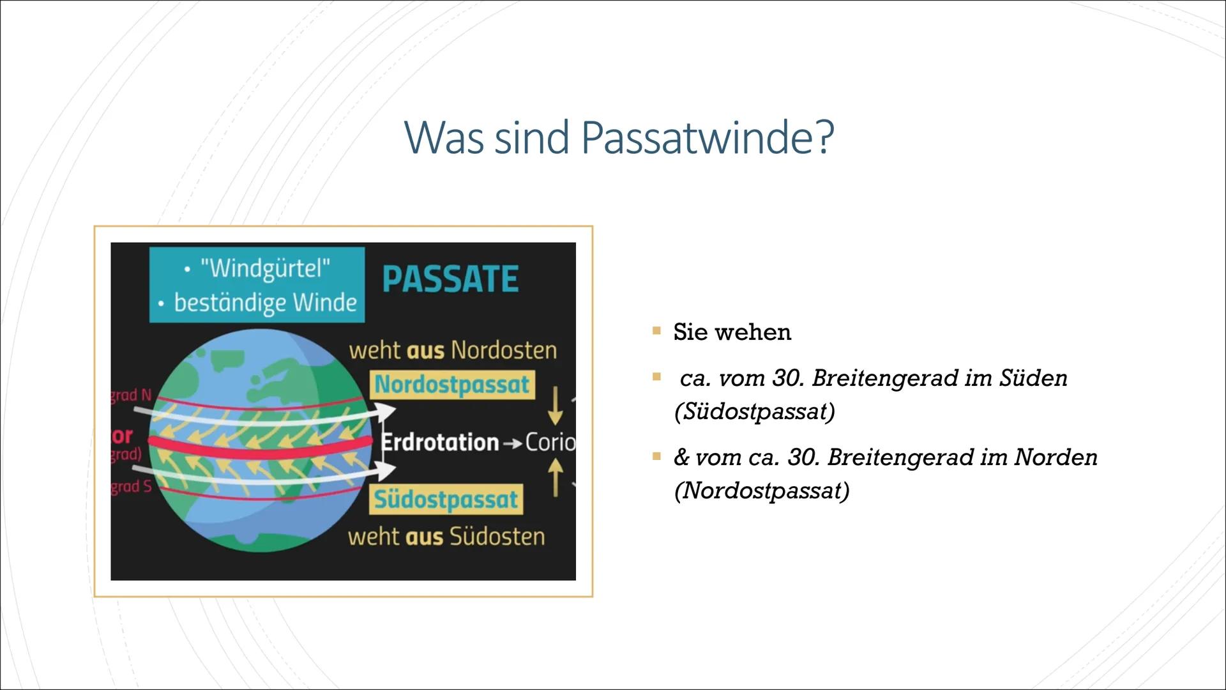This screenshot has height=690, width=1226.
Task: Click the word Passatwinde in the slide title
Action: click(708, 137)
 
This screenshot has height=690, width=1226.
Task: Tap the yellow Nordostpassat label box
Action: click(452, 385)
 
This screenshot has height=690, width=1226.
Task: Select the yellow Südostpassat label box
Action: click(446, 500)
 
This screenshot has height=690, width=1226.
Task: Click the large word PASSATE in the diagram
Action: click(450, 279)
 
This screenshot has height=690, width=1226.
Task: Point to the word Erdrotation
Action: click(440, 442)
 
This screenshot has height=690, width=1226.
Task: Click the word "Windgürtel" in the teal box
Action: click(264, 268)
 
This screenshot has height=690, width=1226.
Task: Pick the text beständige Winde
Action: click(265, 302)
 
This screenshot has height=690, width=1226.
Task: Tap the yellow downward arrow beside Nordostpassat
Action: click(556, 406)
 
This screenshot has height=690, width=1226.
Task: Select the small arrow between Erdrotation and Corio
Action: click(512, 443)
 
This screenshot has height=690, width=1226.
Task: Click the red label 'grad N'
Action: click(131, 395)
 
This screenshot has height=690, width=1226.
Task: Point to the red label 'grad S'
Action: click(131, 487)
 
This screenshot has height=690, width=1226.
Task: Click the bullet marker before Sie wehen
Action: click(656, 331)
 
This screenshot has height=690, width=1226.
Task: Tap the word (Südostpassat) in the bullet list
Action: click(754, 411)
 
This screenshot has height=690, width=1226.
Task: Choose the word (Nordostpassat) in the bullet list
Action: click(761, 491)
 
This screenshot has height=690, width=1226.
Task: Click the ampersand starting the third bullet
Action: click(681, 457)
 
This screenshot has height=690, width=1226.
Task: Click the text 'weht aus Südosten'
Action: click(446, 537)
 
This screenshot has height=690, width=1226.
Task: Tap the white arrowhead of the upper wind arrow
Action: click(386, 412)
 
